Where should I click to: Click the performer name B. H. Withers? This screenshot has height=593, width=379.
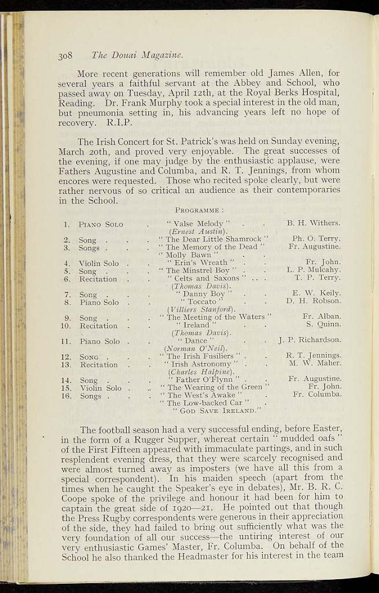click(313, 223)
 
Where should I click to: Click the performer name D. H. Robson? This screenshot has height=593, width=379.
click(313, 302)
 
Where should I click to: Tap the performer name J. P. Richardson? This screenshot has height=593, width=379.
click(309, 340)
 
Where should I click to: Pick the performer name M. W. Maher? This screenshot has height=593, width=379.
click(315, 364)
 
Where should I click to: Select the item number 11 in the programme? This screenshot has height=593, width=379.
click(67, 341)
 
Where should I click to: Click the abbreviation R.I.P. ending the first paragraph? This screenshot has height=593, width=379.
click(120, 123)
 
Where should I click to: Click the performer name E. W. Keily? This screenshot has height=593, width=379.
click(316, 294)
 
